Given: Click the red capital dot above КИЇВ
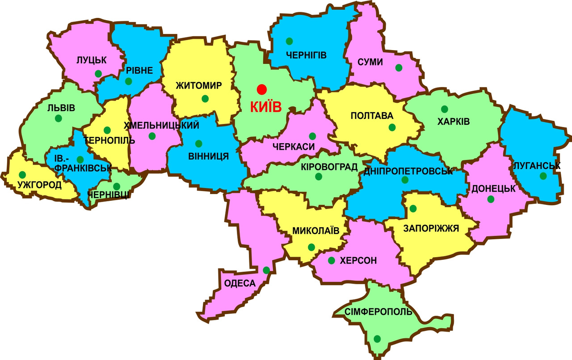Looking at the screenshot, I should point(261,89).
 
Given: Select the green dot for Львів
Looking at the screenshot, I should point(59,119).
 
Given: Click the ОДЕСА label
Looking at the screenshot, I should point(240,284).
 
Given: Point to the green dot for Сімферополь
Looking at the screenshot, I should point(378,339).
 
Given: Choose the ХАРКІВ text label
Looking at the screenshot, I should point(454,122).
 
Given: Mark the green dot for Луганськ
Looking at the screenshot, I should point(543,176).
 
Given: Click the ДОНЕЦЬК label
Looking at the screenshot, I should point(493,189).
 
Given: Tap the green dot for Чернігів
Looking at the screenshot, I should point(290,41).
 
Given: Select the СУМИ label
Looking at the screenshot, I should point(370,62).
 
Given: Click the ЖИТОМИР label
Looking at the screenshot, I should point(199,85).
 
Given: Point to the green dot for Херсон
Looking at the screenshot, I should point(331,260).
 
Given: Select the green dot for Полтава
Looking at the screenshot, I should point(392,127).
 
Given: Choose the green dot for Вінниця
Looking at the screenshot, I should point(198,144).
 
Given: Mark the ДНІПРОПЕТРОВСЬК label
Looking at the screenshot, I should point(408,171).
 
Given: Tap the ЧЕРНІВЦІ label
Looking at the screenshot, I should point(109,195).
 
